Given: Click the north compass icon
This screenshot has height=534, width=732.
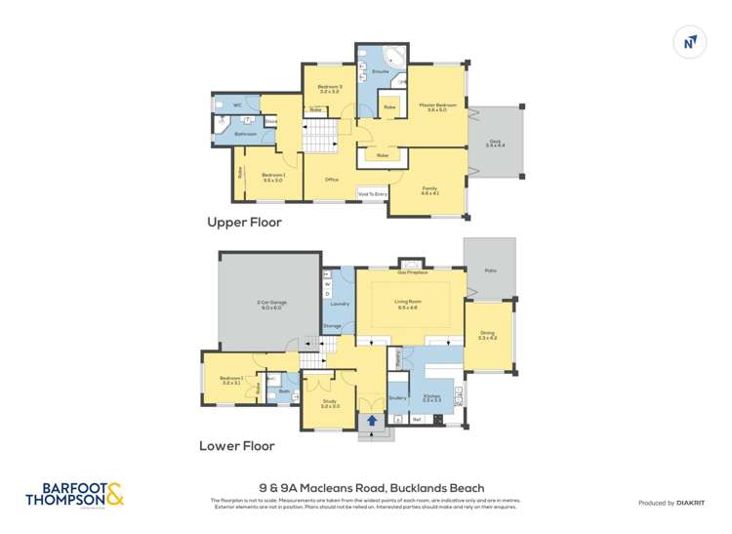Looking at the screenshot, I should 690,40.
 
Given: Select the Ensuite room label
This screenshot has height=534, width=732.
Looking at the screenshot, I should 381,71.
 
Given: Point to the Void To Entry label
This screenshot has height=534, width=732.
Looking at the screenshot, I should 374,194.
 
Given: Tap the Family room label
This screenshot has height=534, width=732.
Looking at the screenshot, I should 429,188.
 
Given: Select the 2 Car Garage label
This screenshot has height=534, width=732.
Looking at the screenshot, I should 269,304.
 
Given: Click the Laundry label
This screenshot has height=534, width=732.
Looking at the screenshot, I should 340,304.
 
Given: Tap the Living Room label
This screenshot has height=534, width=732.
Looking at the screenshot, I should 407,302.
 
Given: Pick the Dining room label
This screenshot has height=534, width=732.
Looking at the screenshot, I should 487,335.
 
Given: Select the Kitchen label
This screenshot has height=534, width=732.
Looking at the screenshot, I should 431,397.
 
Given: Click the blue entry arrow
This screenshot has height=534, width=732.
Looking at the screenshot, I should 371,422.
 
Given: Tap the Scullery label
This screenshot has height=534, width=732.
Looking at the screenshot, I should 397,396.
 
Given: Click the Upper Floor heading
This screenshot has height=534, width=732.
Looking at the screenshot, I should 244,223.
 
